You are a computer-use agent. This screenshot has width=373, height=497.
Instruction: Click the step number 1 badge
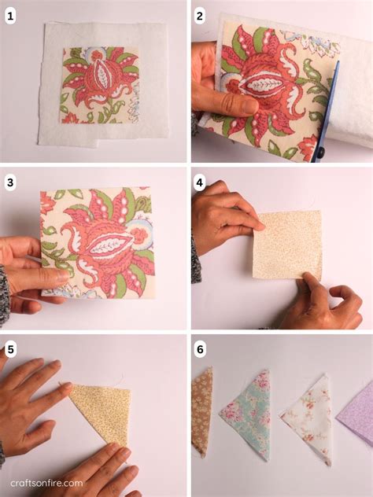coord(10,16)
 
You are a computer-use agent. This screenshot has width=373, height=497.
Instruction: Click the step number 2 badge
coord(199,16)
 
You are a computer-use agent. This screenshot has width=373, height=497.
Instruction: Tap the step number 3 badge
coord(10,183)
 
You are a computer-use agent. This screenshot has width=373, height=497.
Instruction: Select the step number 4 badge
coord(199,183)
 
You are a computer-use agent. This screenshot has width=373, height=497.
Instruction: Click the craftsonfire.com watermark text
coord(46,484)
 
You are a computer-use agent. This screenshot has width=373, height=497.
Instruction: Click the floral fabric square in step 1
coord(100,85)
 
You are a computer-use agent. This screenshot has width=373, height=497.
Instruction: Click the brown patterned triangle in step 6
coord(202,409)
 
